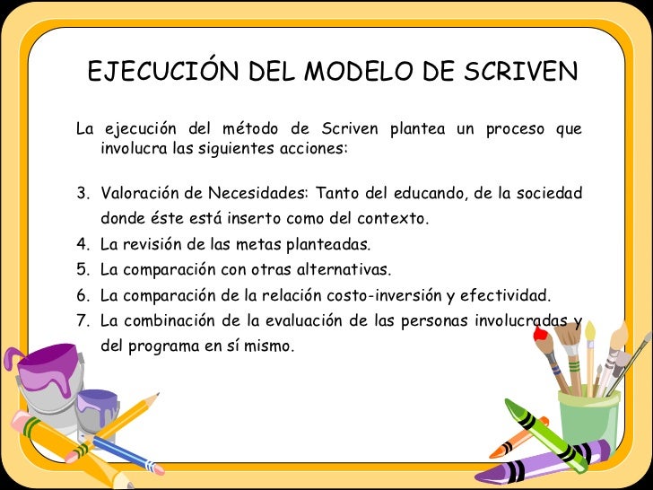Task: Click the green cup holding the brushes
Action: click(x=588, y=417)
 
